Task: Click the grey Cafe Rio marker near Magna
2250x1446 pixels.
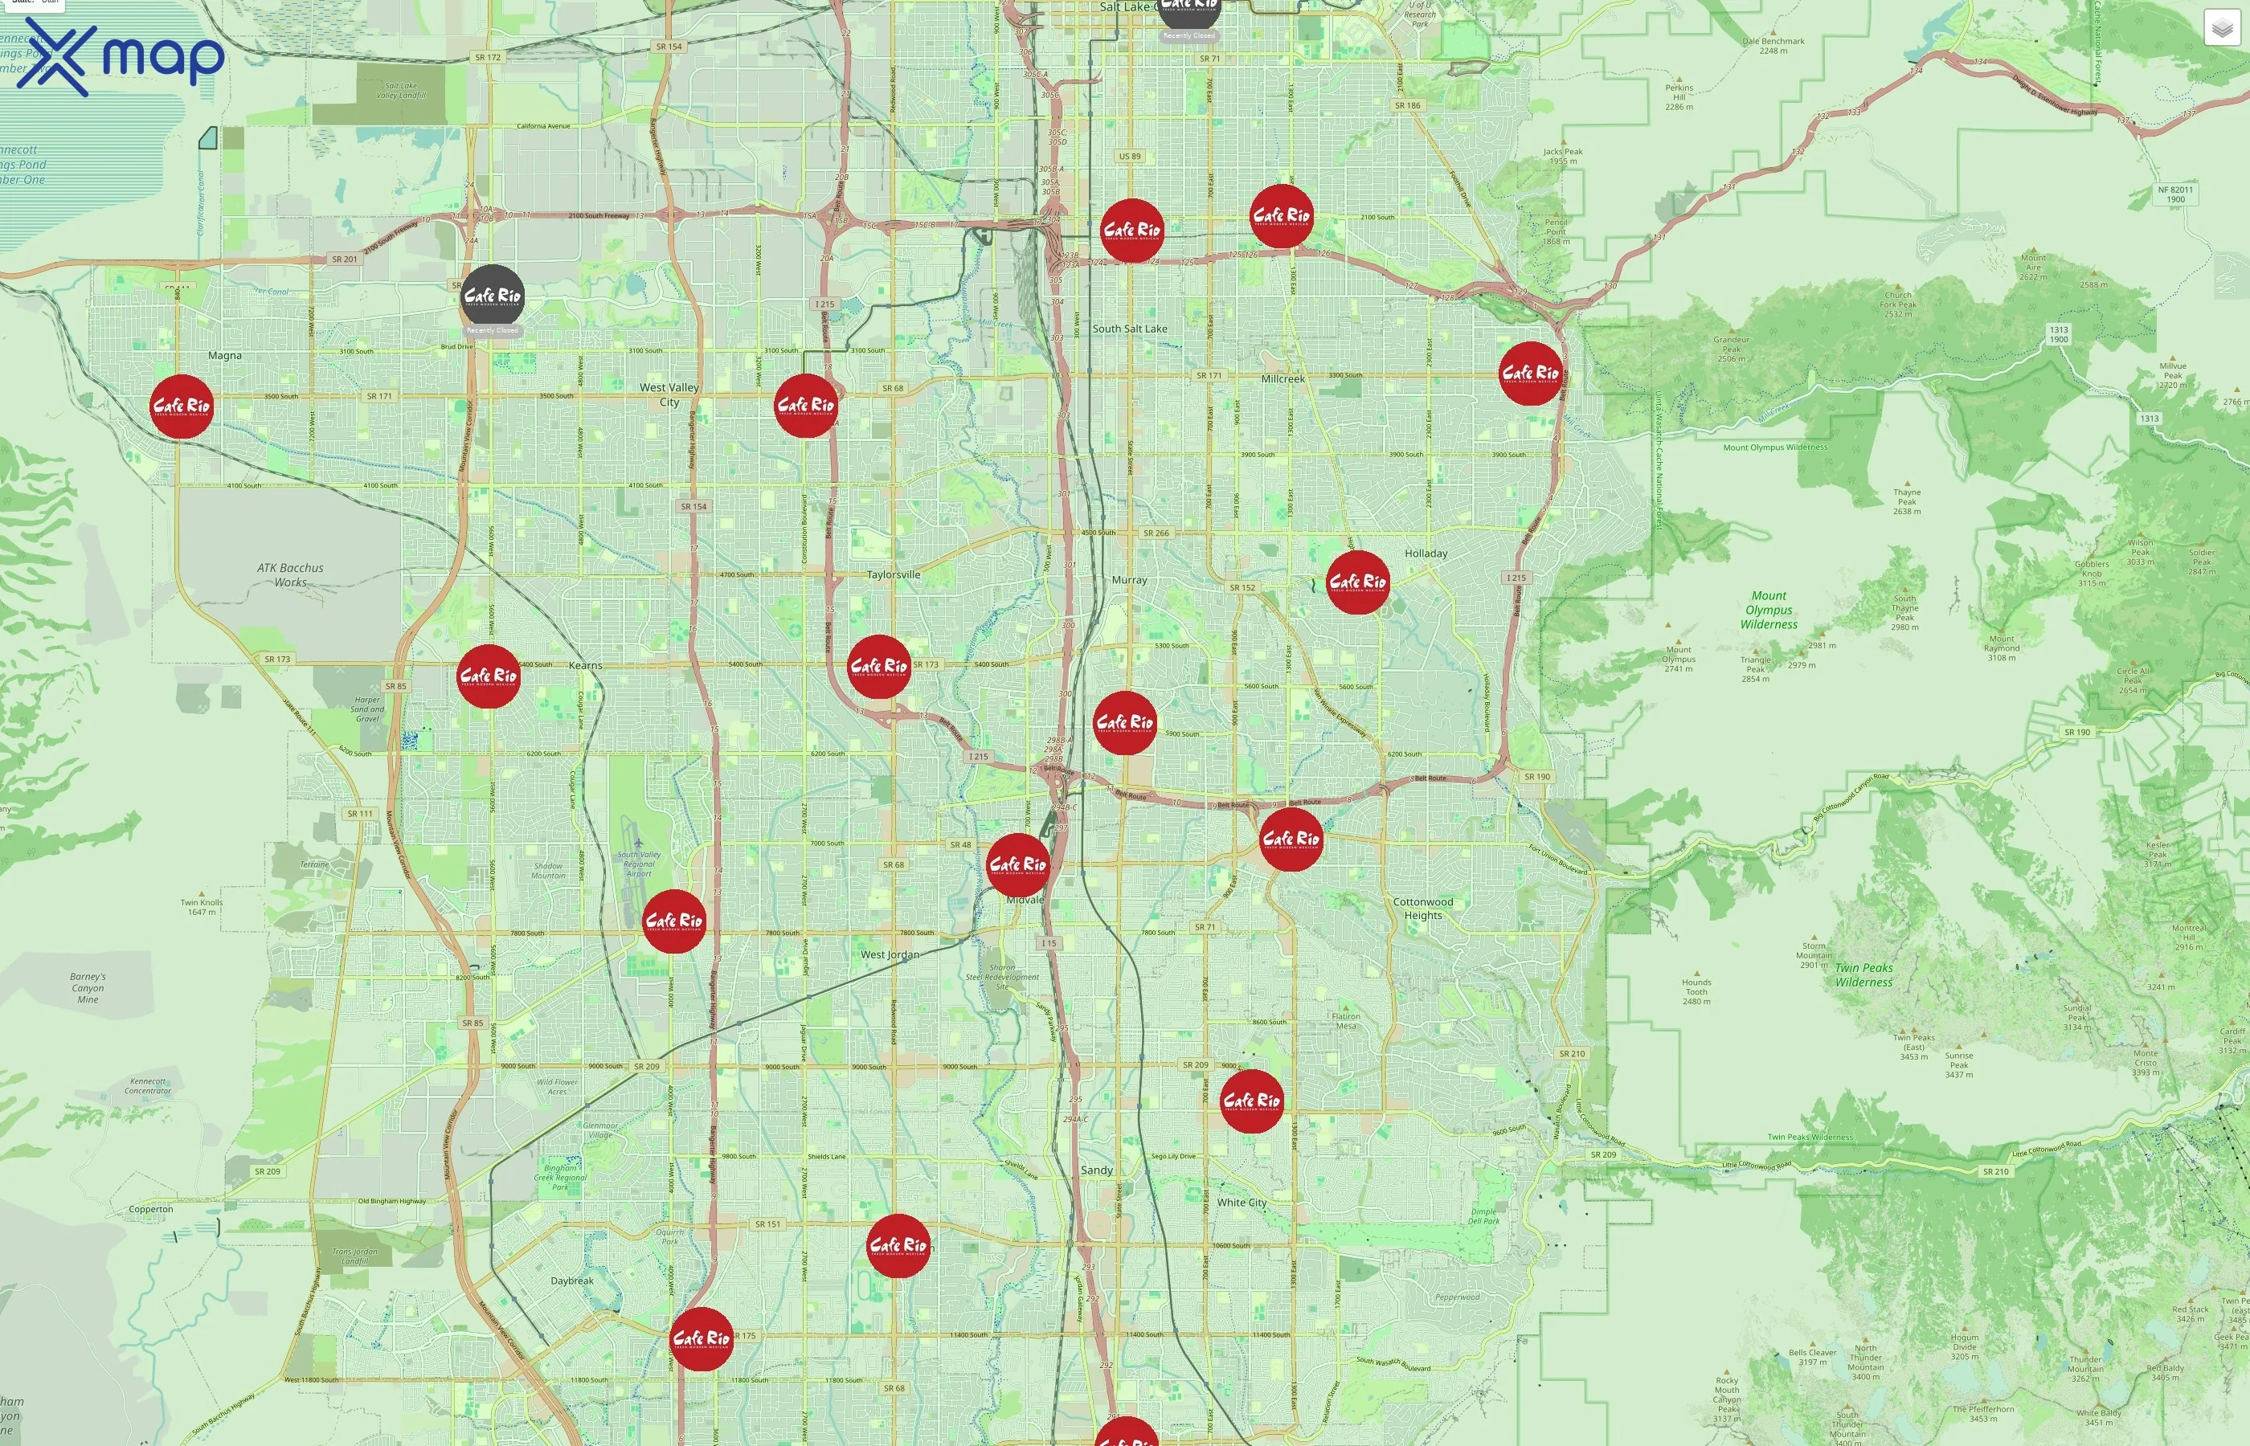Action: coord(492,296)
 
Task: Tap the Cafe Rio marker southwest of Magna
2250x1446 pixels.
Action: coord(182,406)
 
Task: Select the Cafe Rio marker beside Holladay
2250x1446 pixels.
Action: coord(1357,582)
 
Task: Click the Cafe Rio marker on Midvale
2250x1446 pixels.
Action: coord(1018,864)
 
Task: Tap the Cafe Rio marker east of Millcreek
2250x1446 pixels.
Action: coord(1530,374)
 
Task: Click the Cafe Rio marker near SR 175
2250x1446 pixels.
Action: coord(701,1338)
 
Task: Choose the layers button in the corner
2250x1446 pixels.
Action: coord(2221,28)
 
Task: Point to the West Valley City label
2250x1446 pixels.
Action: coord(669,394)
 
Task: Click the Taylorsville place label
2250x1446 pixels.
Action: coord(893,574)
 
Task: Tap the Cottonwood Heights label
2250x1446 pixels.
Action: coord(1422,908)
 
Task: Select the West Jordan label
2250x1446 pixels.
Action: coord(890,955)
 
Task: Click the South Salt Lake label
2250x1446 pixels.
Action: coord(1130,329)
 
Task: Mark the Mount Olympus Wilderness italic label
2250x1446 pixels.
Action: coord(1769,611)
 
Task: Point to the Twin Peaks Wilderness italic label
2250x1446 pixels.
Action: coord(1864,974)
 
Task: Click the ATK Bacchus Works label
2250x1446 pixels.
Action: coord(290,574)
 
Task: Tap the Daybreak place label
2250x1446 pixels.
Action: coord(572,1281)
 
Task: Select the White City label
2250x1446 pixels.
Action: coord(1242,1203)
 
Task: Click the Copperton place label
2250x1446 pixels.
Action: coord(151,1209)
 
